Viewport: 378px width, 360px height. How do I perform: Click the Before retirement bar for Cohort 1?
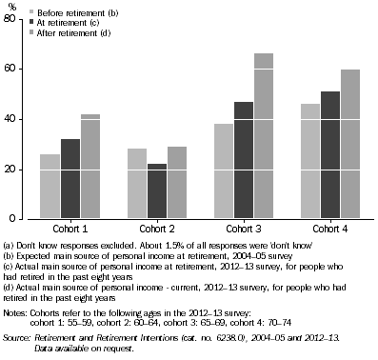[x=50, y=187]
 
